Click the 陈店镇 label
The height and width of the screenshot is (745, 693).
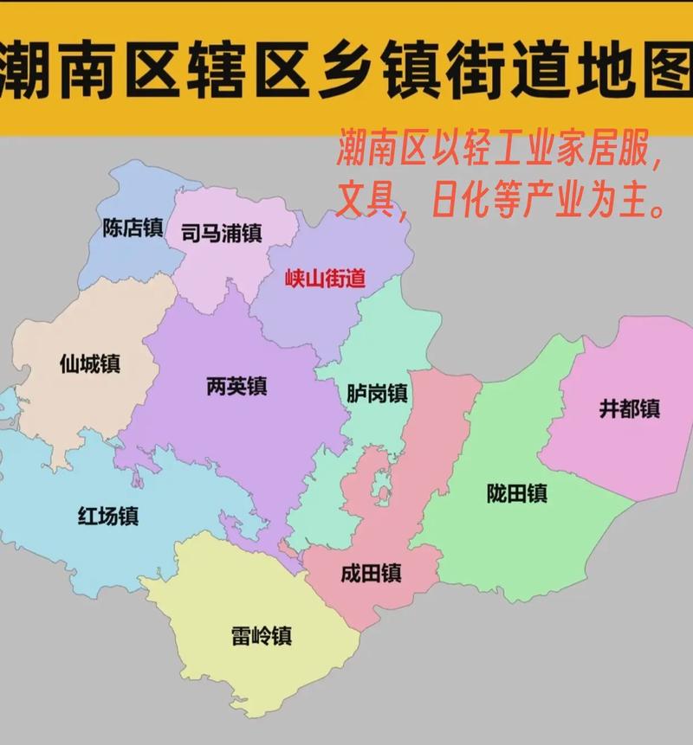pos(133,228)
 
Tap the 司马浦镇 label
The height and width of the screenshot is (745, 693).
pos(221,234)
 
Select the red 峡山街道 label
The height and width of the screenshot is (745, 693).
pos(326,278)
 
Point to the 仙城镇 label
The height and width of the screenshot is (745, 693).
pos(89,363)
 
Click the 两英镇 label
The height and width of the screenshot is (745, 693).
pos(236,386)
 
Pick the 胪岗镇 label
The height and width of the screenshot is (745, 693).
pos(377,393)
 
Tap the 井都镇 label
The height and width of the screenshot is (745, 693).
pos(629,408)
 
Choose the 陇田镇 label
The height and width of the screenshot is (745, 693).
pos(516,493)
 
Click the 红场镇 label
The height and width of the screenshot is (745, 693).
pos(108,517)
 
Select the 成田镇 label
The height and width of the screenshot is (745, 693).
pos(371,573)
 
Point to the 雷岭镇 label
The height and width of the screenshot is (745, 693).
pos(262,636)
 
